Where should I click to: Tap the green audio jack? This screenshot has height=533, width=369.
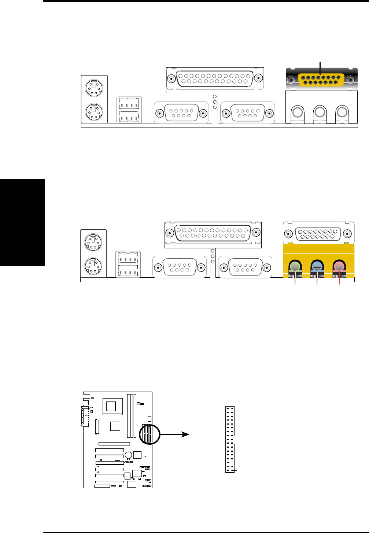(295, 267)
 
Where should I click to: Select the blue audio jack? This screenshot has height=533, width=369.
(317, 267)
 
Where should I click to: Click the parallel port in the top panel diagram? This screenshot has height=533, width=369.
(214, 78)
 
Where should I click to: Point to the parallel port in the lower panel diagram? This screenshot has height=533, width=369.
(213, 233)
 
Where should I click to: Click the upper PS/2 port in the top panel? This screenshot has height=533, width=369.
(94, 88)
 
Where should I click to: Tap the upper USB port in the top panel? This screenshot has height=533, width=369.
(129, 103)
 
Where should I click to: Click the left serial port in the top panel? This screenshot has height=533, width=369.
(181, 112)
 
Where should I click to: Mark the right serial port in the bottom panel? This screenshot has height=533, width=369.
(245, 267)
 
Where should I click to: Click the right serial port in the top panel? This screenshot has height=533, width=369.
(247, 112)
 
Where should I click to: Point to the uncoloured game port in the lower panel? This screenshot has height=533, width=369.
(318, 233)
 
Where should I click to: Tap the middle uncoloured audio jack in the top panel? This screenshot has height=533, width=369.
(320, 112)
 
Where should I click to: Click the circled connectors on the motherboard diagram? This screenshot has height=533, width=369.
(150, 434)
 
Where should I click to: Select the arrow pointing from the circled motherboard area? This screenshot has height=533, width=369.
(175, 434)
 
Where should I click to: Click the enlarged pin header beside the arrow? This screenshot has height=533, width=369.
(230, 439)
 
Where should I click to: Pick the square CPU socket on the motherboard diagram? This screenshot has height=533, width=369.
(113, 406)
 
